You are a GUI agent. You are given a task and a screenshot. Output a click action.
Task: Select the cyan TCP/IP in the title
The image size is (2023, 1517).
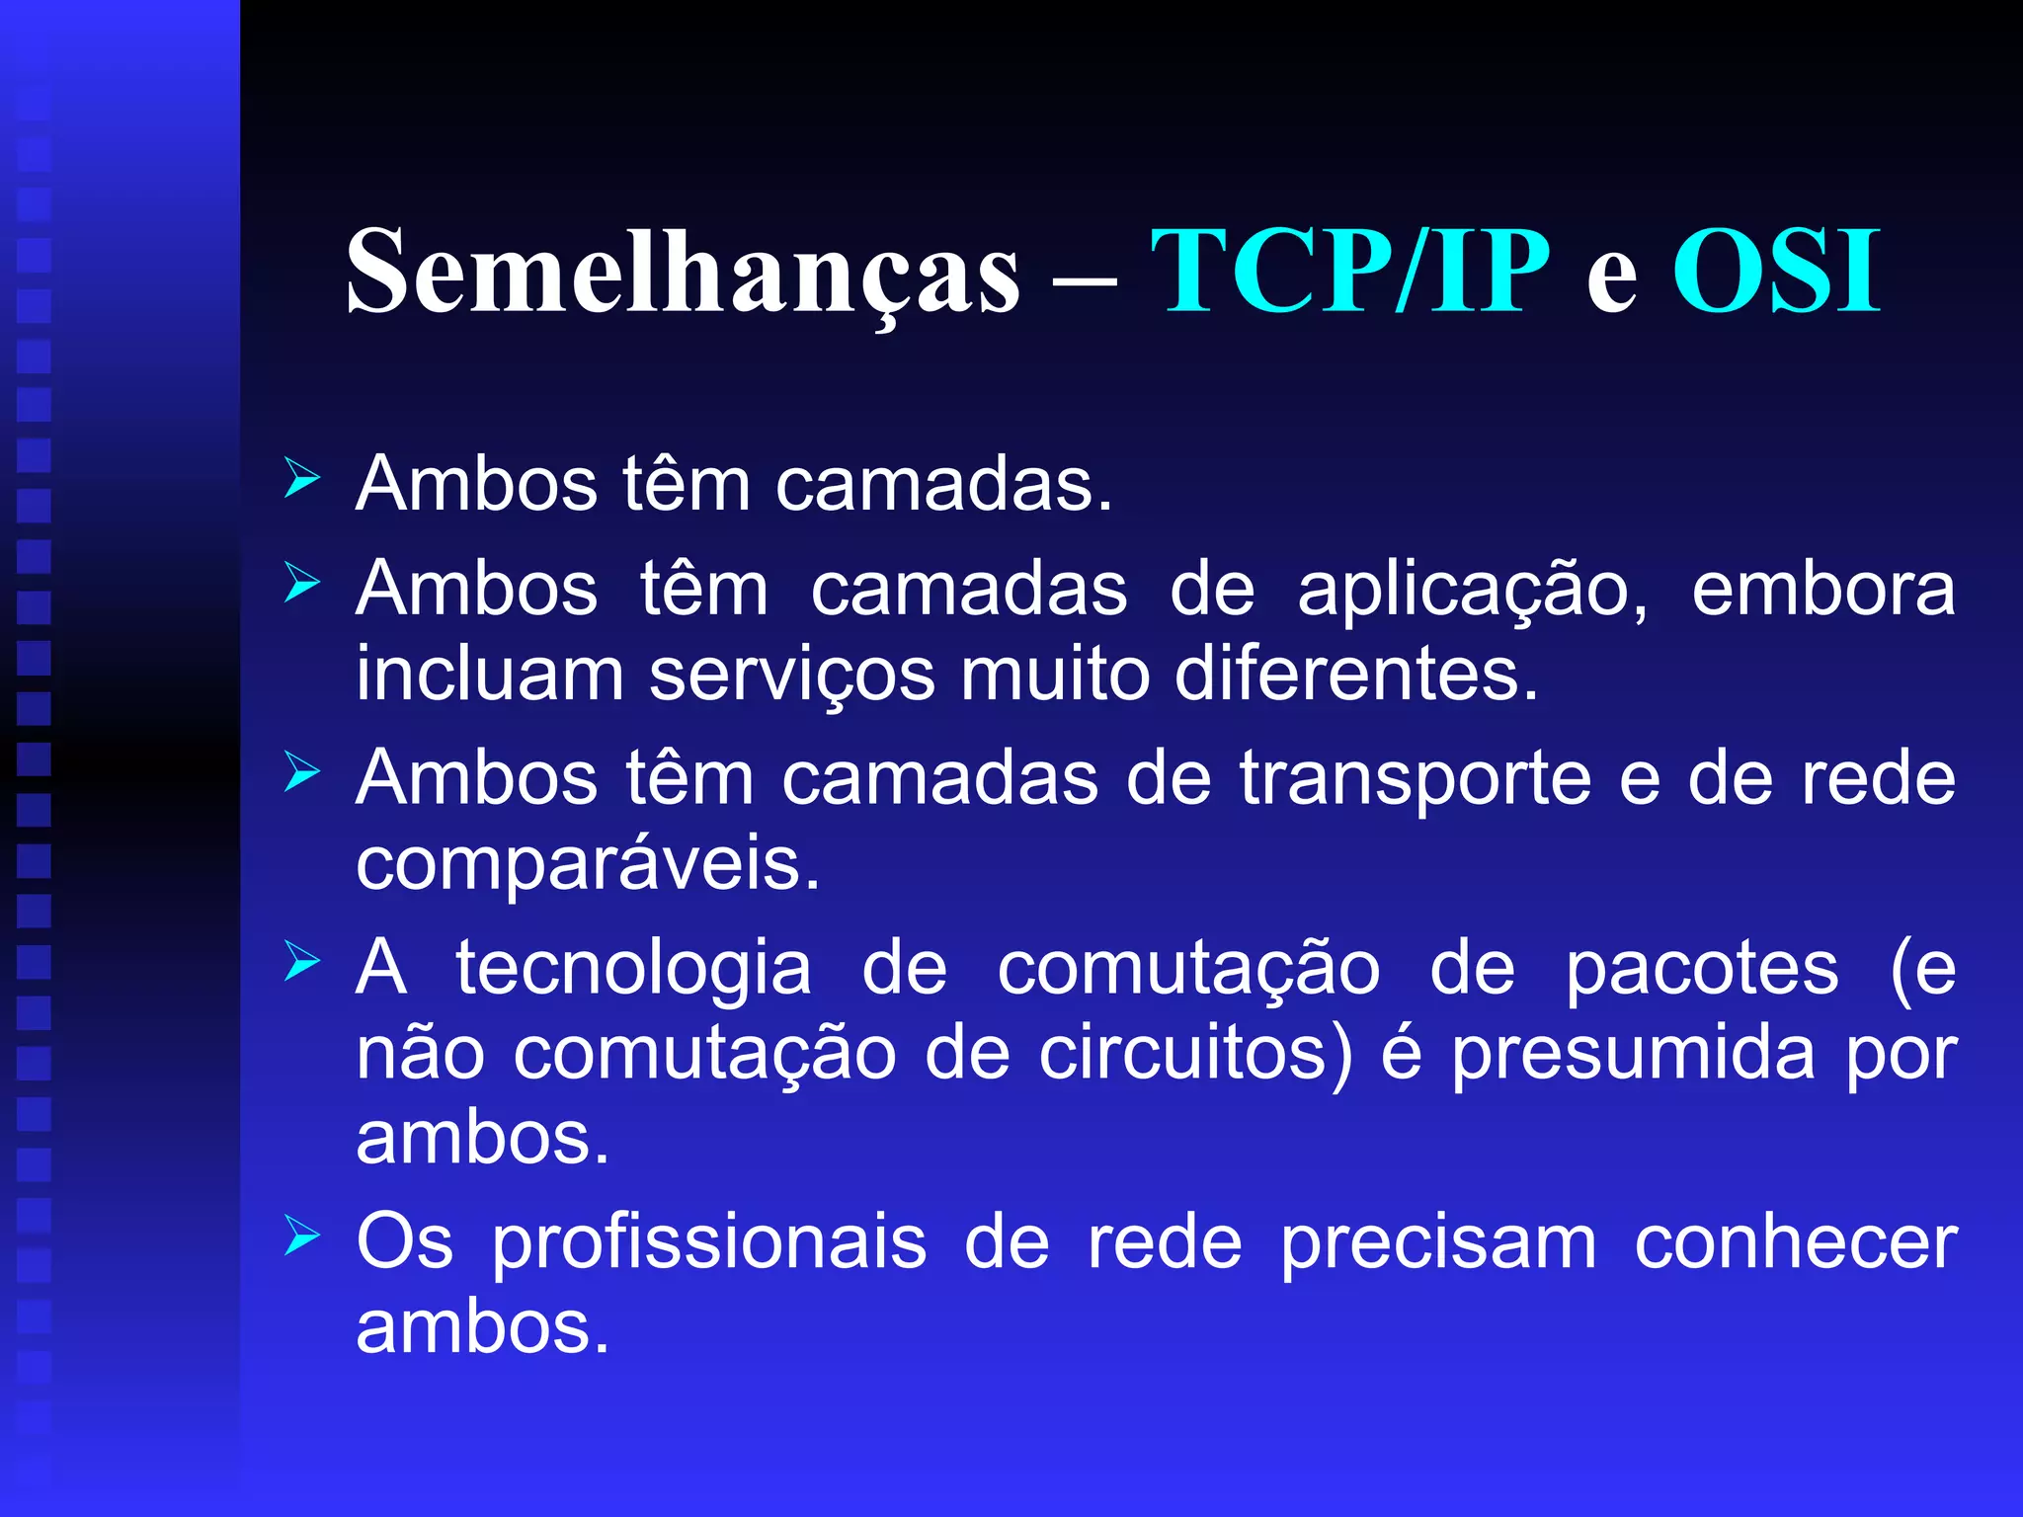point(1349,272)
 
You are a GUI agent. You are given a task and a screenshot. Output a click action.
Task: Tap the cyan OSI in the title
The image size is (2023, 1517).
point(1775,272)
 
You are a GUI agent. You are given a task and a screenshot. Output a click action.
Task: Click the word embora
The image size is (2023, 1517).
point(1822,590)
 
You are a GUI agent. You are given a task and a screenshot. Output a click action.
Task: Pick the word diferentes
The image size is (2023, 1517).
point(1356,676)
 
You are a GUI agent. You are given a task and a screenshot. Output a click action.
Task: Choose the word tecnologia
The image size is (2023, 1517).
point(633,971)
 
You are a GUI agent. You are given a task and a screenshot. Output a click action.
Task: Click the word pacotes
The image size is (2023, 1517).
point(1702,971)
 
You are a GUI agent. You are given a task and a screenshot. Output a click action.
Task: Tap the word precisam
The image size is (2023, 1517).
point(1438,1242)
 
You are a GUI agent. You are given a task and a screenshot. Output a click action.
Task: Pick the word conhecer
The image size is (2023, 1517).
point(1795,1242)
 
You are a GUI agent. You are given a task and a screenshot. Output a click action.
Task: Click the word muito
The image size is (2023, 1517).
point(1055,676)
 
